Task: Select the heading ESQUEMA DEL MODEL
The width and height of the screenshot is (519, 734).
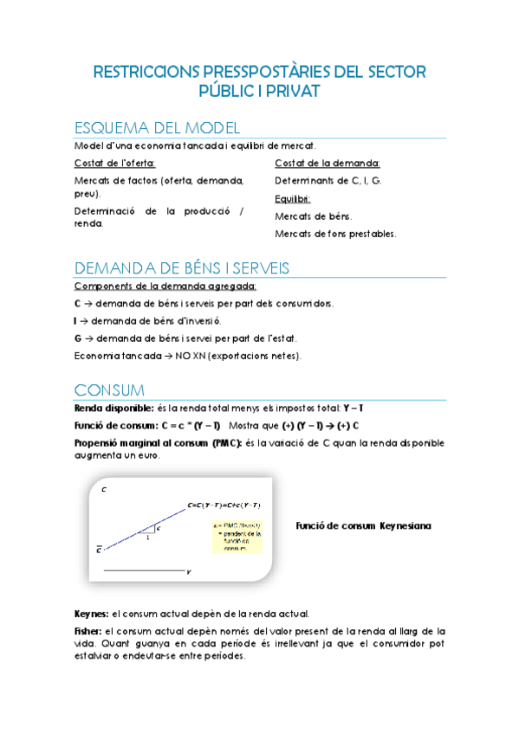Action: point(152,127)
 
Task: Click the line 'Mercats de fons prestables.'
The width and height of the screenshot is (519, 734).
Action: point(335,234)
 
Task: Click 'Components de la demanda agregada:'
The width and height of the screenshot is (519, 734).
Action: point(165,286)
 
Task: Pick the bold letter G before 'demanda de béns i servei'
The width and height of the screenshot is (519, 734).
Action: point(78,338)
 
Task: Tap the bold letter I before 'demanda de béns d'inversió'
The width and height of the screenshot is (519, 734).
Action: point(76,320)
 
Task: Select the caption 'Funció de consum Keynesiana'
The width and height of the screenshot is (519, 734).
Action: point(363,525)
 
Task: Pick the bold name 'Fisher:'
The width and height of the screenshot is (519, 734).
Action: point(89,631)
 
